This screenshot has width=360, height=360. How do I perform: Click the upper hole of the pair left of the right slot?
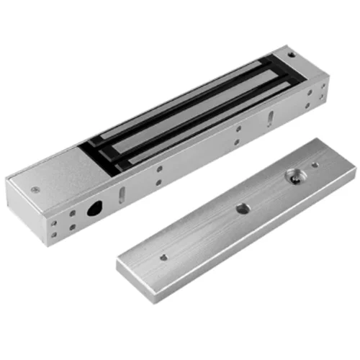238,130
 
